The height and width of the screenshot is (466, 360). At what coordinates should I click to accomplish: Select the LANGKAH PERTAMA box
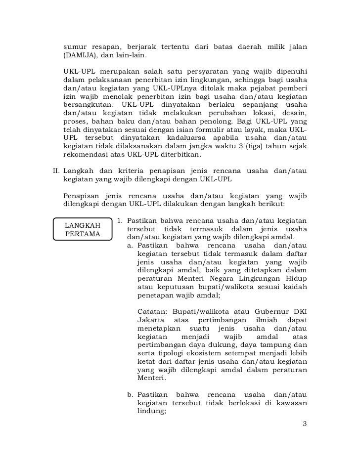pos(83,229)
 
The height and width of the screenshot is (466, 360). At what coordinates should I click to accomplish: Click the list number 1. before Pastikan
pos(120,219)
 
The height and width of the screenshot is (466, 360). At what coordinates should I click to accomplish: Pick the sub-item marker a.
pos(130,246)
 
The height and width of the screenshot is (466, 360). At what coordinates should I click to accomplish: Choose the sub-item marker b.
pos(131,395)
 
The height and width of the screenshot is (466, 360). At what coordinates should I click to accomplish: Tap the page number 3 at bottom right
pos(304,424)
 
